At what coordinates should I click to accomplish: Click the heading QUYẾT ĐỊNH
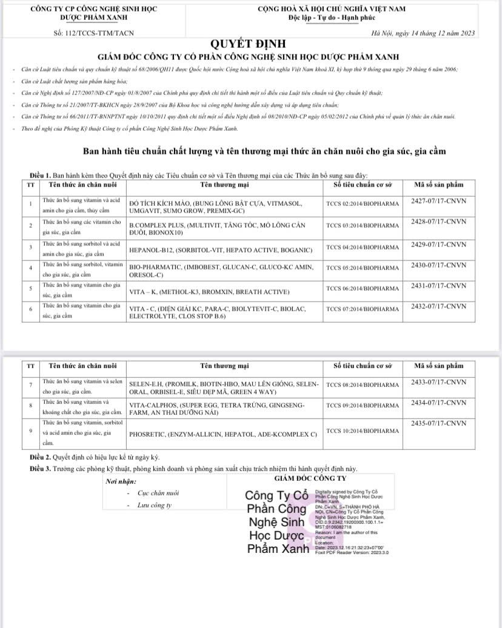coord(247,44)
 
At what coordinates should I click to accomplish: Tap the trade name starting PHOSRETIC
coord(224,434)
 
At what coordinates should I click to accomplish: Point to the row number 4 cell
coord(30,268)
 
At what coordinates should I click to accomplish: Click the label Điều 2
coord(41,457)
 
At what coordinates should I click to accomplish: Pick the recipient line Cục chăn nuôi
coord(155,494)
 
